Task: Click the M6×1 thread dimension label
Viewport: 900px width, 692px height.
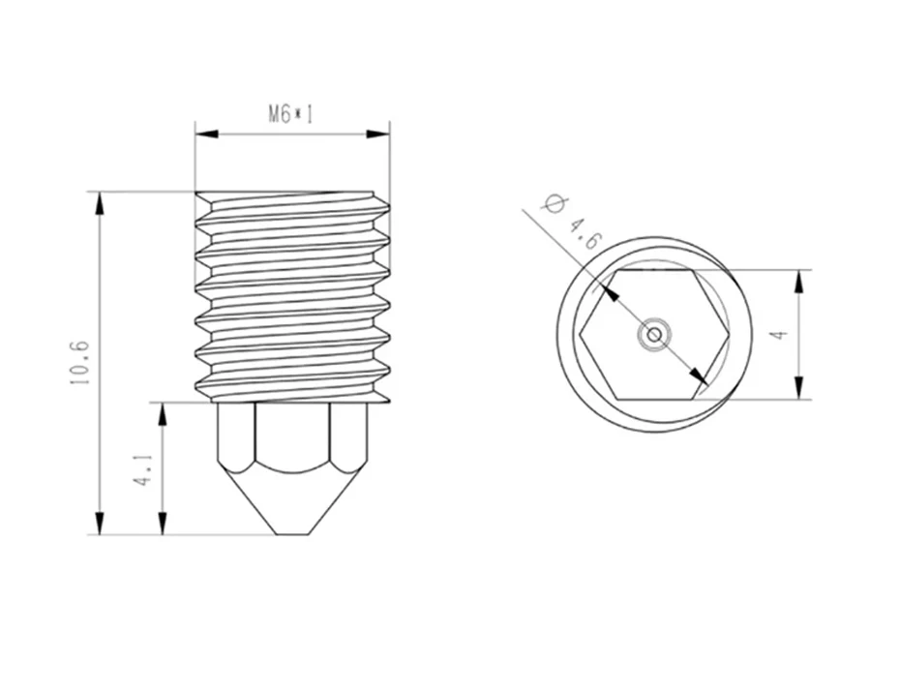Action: [291, 114]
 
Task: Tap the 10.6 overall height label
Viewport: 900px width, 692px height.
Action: [79, 363]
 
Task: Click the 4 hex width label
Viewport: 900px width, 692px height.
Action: [779, 335]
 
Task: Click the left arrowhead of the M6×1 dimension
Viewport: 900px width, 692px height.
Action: [207, 135]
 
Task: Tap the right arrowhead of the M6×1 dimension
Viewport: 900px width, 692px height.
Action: [378, 135]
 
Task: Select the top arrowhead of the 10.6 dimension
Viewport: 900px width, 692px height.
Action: [100, 203]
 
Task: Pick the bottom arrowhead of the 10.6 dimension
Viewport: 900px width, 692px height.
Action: [100, 523]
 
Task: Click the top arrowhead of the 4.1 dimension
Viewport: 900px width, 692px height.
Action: [163, 413]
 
